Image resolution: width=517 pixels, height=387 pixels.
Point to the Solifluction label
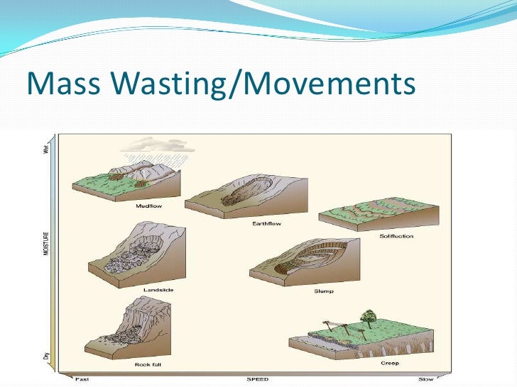[x=396, y=235]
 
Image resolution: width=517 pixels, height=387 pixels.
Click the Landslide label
[x=158, y=290]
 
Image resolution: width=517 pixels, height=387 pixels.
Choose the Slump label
[x=324, y=291]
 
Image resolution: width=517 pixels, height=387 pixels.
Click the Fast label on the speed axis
[x=82, y=379]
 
